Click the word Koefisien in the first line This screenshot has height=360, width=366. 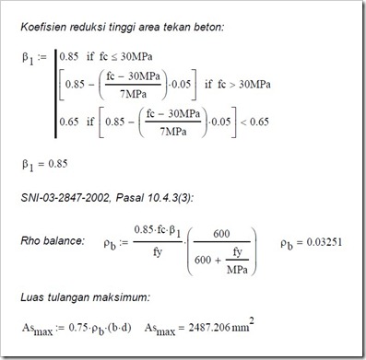[48, 26]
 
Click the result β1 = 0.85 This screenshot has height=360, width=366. [51, 167]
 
